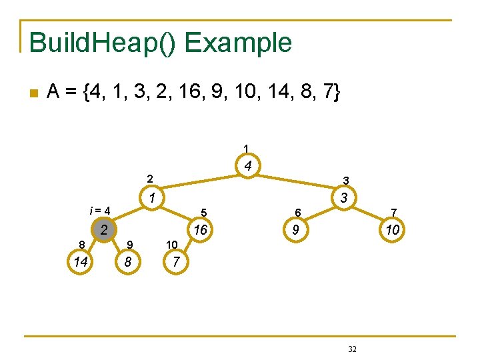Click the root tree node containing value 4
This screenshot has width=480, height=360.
click(247, 166)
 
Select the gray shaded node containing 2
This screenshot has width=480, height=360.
click(103, 231)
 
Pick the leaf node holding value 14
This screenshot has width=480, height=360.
click(81, 262)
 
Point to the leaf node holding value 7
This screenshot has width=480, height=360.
click(175, 262)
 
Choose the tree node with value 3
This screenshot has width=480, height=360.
click(343, 198)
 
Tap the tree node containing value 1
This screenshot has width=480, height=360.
click(153, 198)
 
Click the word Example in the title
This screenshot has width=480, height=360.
click(238, 43)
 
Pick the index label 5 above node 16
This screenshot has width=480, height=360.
click(205, 213)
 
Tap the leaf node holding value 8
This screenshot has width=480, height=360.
click(127, 262)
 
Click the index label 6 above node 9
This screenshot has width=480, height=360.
click(299, 213)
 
